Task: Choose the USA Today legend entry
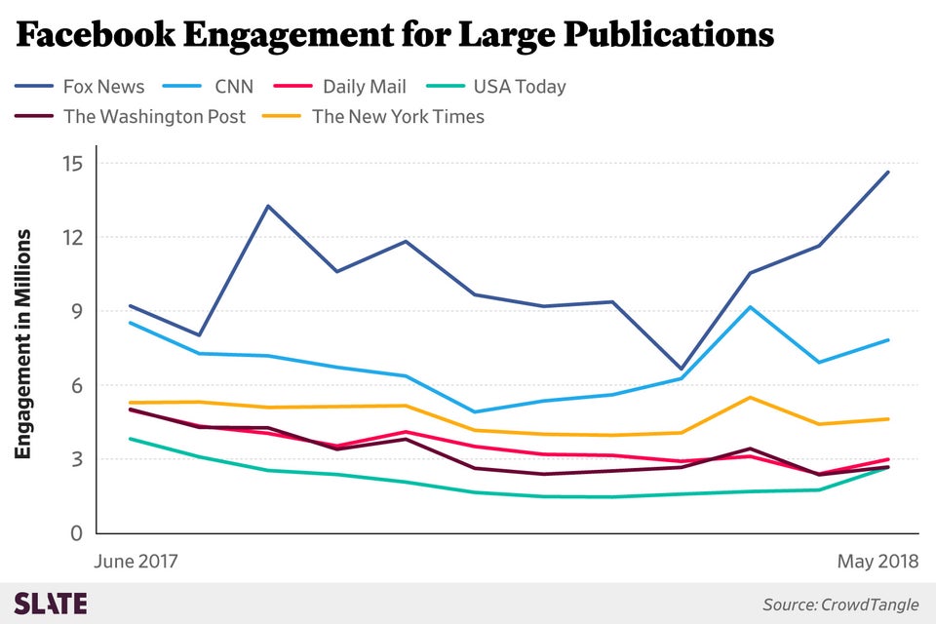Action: pyautogui.click(x=519, y=87)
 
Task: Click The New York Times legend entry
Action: pyautogui.click(x=398, y=117)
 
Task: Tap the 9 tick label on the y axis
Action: pyautogui.click(x=75, y=311)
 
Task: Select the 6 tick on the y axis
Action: pyautogui.click(x=75, y=385)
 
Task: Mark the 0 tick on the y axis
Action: pyautogui.click(x=75, y=533)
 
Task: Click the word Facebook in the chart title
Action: pyautogui.click(x=94, y=36)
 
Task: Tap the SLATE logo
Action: pyautogui.click(x=51, y=604)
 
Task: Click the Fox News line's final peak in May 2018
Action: pyautogui.click(x=887, y=173)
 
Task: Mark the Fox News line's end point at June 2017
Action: pyautogui.click(x=131, y=306)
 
